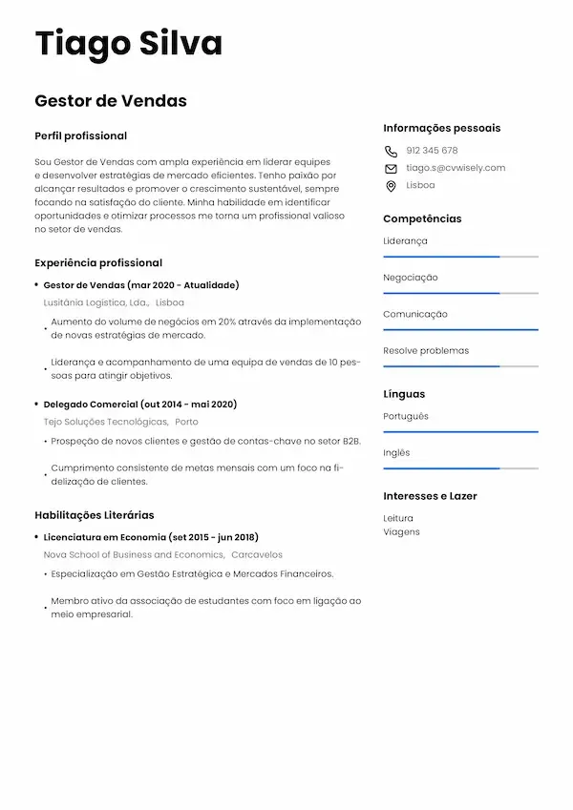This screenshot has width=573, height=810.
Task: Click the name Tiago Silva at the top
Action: click(x=128, y=44)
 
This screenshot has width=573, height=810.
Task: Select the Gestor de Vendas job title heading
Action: click(x=111, y=101)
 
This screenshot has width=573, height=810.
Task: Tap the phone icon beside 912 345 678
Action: click(x=391, y=151)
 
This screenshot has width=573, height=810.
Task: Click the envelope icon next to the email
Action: click(x=391, y=169)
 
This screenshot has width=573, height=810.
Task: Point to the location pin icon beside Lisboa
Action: click(x=391, y=186)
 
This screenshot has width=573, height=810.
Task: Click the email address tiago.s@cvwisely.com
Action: click(x=456, y=168)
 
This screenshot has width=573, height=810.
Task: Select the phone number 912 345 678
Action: click(x=432, y=151)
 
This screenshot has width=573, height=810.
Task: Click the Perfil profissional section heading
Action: click(x=80, y=136)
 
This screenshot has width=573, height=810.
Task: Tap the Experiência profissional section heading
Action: click(x=98, y=262)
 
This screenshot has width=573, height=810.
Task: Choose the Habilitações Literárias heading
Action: click(x=94, y=515)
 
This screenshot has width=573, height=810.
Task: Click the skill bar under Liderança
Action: click(x=460, y=257)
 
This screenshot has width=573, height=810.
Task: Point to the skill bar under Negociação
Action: click(x=460, y=293)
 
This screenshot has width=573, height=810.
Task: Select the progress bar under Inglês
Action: click(x=460, y=468)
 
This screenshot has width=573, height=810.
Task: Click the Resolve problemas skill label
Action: click(x=426, y=350)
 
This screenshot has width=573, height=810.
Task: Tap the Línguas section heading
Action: click(x=404, y=394)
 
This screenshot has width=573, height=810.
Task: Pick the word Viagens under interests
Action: click(x=401, y=532)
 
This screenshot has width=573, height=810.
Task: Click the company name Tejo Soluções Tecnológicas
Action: click(x=105, y=422)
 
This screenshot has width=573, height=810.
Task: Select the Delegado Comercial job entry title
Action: click(x=140, y=405)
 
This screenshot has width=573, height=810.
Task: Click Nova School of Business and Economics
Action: click(x=134, y=554)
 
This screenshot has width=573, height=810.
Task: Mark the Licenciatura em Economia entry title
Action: click(x=151, y=537)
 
